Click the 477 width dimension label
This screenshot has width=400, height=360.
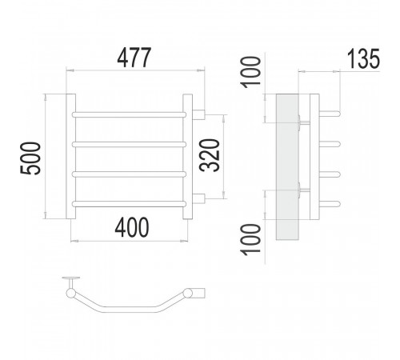[134, 58]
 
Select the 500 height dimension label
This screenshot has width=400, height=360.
[30, 158]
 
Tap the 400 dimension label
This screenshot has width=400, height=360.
[132, 227]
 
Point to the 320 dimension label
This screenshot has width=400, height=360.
[210, 155]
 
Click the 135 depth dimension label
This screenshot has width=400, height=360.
[363, 58]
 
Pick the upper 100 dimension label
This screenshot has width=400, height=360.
[250, 72]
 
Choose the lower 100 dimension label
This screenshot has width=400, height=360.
[250, 239]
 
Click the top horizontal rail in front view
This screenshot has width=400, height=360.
[129, 114]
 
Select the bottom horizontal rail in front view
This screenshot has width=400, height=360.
[129, 204]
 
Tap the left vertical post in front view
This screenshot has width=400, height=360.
[70, 156]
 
